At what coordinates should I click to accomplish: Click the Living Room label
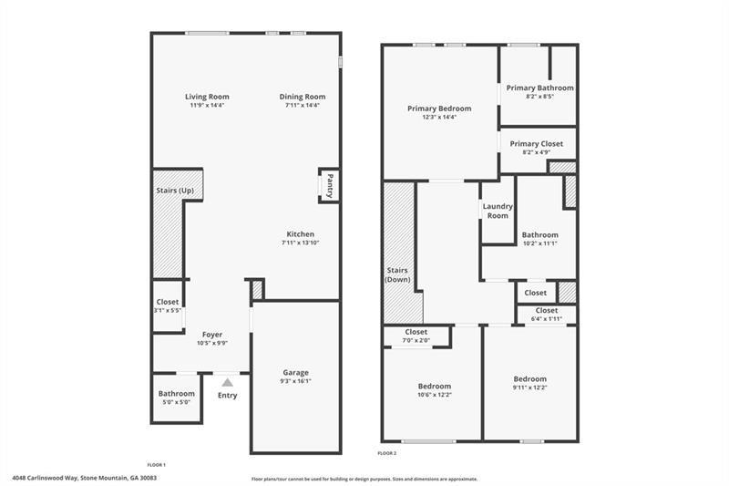pos(207,97)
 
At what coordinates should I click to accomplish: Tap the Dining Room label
pos(302,97)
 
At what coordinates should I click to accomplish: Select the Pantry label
pos(330,184)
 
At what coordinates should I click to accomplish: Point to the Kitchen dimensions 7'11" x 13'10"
pos(301,243)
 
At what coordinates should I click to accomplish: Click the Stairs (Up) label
pos(175,191)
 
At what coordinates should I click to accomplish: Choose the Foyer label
pos(211,335)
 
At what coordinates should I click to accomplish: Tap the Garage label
pos(295,372)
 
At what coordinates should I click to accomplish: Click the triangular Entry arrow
pos(227,382)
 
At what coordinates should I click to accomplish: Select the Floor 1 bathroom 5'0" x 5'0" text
pos(177,402)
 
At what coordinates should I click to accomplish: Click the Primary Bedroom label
pos(439,108)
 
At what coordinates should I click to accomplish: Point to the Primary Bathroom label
pos(540,88)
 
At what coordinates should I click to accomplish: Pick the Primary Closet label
pos(537,143)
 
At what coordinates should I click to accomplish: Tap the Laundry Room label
pos(498,211)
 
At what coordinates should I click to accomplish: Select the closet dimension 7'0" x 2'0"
pos(416,341)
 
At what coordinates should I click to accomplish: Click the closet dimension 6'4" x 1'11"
pos(546,319)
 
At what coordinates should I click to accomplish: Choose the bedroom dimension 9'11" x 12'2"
pos(529,388)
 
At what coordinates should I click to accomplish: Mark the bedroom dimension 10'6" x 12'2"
pos(435,395)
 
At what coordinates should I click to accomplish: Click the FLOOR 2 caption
pos(387,452)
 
